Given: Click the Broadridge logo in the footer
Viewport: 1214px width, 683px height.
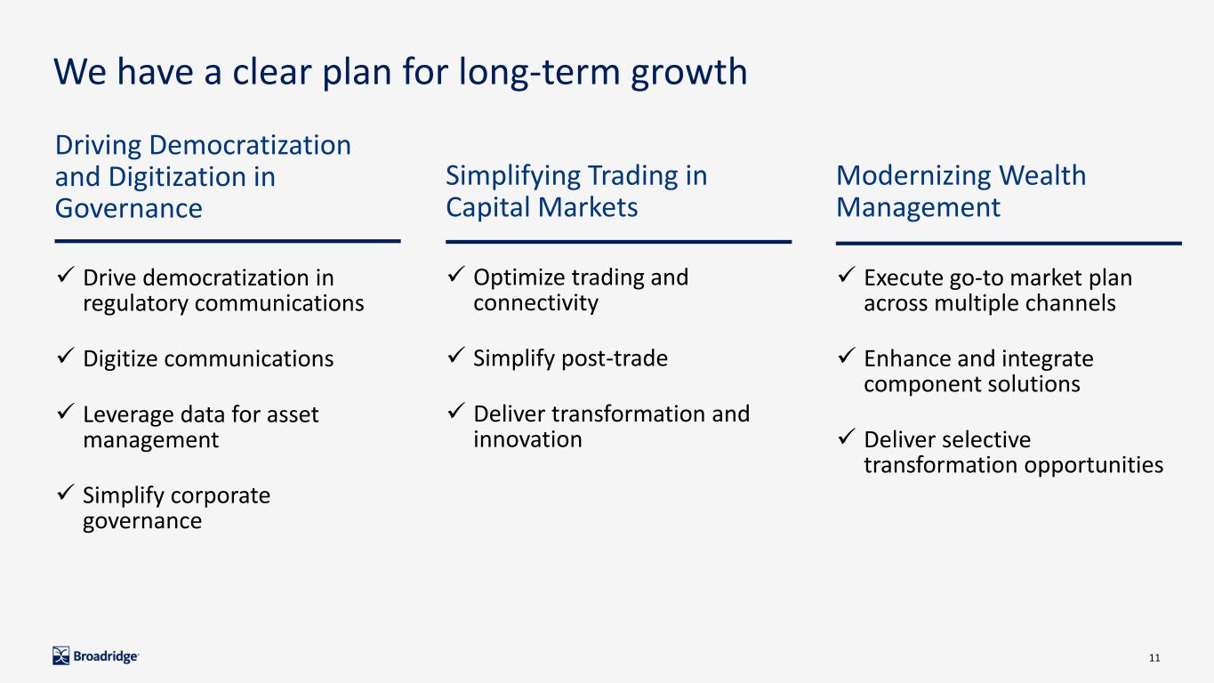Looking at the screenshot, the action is tap(95, 656).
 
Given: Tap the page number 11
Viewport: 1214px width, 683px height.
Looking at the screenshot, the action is tap(1154, 658).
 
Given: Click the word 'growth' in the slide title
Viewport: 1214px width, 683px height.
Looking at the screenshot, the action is tap(689, 73).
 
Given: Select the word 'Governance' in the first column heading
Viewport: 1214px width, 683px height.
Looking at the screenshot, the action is tap(128, 208).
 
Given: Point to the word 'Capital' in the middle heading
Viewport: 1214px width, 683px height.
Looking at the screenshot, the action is tap(487, 207).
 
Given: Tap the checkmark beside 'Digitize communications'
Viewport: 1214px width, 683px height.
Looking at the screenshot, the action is tap(65, 357).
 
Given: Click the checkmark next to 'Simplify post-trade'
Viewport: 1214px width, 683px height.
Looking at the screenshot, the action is tap(455, 356).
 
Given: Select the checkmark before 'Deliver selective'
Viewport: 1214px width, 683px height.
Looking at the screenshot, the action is tap(846, 437).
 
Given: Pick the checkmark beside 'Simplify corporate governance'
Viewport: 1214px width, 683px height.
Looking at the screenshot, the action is tap(65, 493).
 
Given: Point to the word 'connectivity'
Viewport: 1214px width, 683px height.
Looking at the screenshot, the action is tap(535, 302).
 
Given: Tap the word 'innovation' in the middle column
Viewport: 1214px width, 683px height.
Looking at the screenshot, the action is tap(527, 439).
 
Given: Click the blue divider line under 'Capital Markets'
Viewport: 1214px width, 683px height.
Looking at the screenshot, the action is tap(618, 242).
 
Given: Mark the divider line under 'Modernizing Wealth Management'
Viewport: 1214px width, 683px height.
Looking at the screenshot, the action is tap(1009, 244).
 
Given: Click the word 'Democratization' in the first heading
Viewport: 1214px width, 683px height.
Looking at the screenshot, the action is tap(250, 145).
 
